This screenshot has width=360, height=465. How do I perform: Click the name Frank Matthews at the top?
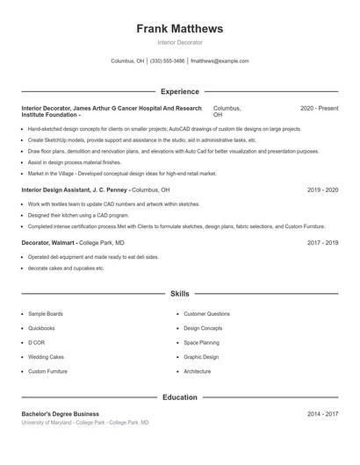pos(180,29)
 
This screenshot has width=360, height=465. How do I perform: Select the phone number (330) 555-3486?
pos(168,61)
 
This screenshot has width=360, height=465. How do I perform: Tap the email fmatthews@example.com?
pos(220,61)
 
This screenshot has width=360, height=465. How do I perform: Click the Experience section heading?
pos(180,91)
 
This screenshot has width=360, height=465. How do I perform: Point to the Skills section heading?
pos(180,293)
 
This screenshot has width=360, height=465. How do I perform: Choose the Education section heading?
pos(180,397)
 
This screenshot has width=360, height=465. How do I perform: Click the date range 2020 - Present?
pos(319,108)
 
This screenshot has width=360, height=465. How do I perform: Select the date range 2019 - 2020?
pos(322,190)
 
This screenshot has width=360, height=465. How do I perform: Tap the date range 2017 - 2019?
pos(322,242)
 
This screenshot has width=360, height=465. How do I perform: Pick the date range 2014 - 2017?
pos(322,414)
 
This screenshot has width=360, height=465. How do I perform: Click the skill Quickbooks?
pos(41,328)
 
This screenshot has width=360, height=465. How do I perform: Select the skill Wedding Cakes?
pos(46,357)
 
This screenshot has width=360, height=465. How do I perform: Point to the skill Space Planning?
pos(201,342)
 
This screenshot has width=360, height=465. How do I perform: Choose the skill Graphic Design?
pos(201,357)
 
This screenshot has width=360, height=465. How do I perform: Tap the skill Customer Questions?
pos(206,313)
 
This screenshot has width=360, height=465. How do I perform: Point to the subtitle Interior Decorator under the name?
pos(180,42)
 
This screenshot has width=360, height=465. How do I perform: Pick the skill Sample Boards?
pos(45,313)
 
